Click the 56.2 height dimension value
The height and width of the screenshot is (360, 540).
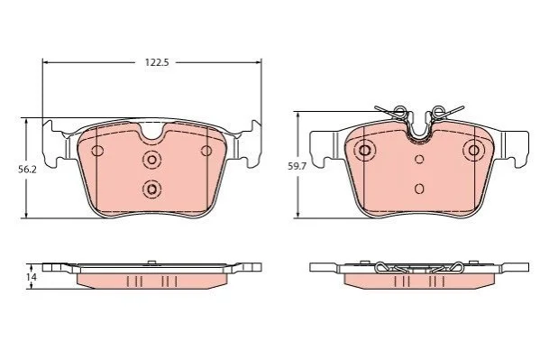[27, 170]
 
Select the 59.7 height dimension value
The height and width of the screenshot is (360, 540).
[297, 167]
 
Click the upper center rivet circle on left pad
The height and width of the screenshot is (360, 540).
[151, 160]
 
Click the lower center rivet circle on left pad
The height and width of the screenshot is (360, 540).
[151, 189]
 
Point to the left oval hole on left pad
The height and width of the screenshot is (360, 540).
[97, 151]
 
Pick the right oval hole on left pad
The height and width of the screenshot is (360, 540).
[206, 151]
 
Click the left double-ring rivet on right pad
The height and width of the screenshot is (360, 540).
[365, 150]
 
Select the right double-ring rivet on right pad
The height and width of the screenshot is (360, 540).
[474, 150]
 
